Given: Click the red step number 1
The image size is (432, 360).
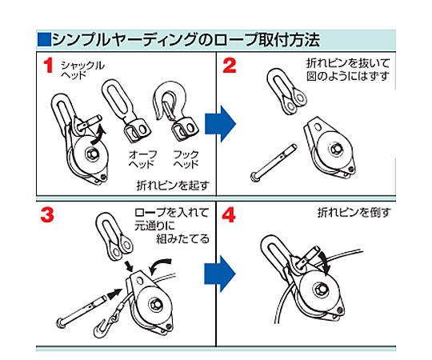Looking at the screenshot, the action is [x=48, y=66].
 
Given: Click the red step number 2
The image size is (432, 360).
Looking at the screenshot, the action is [x=230, y=66].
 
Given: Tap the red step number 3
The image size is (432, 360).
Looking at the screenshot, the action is [x=47, y=214].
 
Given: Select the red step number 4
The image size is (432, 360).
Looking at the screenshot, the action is [x=229, y=215].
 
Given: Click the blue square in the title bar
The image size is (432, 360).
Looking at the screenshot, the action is [x=44, y=39].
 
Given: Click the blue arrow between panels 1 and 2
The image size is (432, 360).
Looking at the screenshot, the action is [x=221, y=124].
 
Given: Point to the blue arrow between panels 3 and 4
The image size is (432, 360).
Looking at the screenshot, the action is [x=220, y=274].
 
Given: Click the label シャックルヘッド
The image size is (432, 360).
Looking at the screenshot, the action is [x=82, y=70].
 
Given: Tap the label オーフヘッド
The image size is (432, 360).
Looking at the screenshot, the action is [x=142, y=159].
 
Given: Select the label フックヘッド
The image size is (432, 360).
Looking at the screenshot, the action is [x=186, y=159].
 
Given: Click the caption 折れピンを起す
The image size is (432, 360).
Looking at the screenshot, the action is [x=173, y=186].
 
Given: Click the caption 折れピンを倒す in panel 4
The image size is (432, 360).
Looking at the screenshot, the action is [x=354, y=213].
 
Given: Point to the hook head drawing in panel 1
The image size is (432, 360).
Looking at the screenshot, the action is [x=176, y=110].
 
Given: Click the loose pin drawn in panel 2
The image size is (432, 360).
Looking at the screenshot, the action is [x=274, y=162].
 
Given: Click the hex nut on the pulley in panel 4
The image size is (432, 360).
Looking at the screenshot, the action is [x=321, y=290].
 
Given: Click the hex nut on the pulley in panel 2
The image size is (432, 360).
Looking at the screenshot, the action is [x=336, y=149].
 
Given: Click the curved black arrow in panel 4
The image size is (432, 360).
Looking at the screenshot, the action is [x=325, y=262].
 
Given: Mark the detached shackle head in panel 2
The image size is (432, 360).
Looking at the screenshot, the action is [x=286, y=91].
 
